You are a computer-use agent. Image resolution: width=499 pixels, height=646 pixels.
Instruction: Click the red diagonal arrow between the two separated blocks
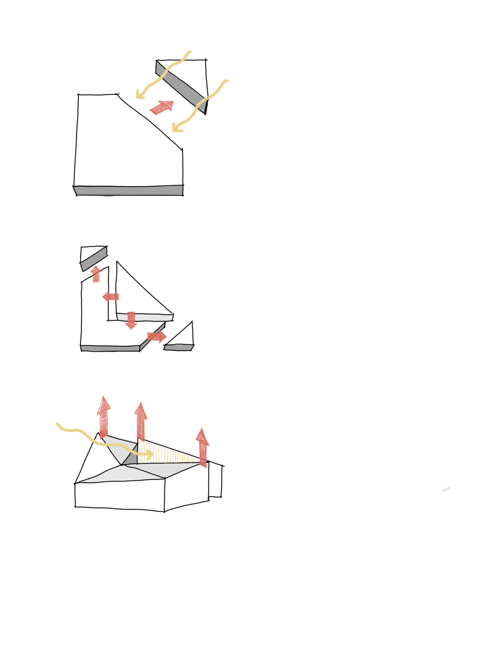point(162,107)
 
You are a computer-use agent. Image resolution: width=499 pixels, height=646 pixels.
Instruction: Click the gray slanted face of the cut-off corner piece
point(181,86)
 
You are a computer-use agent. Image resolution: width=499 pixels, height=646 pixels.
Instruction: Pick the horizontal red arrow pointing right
point(157,336)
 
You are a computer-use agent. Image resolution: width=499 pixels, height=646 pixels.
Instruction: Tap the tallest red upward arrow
point(104,417)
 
